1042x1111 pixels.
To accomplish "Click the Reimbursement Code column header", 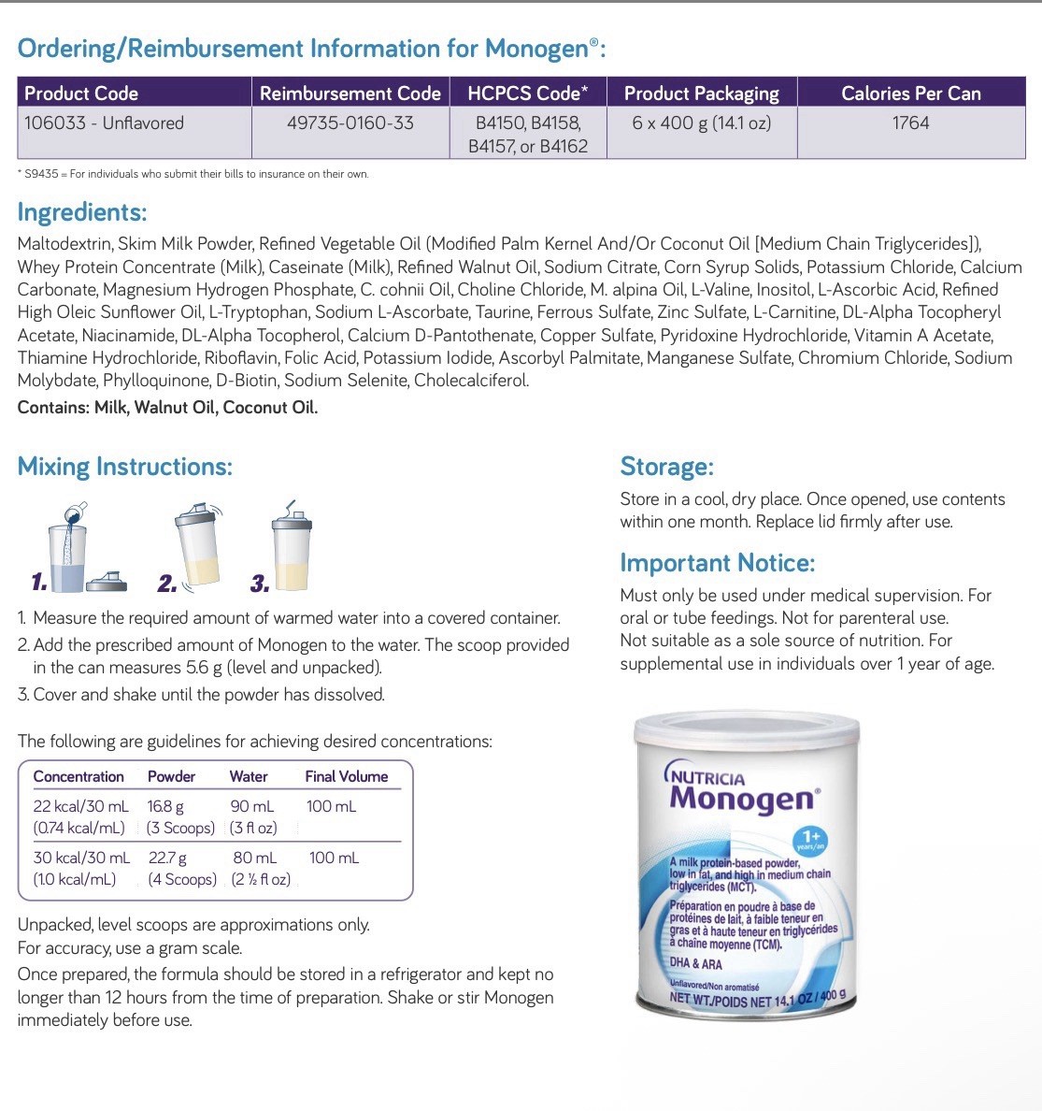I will click(x=350, y=94).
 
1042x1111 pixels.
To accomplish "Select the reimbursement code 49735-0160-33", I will click(x=350, y=123).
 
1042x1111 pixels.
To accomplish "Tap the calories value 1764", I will click(x=910, y=123).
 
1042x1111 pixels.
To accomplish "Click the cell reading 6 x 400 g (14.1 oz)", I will click(x=701, y=123).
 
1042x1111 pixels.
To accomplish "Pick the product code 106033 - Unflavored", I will click(x=104, y=123).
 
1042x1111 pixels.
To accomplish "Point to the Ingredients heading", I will click(x=82, y=212).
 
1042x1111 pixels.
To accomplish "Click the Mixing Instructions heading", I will click(x=124, y=467).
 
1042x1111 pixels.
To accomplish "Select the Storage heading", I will click(x=666, y=467).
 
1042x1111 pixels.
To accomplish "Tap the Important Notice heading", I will click(x=717, y=563).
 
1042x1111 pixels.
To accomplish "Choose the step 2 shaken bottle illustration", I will click(x=198, y=546).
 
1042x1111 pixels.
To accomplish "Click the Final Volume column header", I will click(x=346, y=776).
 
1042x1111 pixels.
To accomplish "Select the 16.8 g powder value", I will click(x=165, y=806).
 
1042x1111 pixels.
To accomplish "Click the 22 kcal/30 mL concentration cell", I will click(x=80, y=806).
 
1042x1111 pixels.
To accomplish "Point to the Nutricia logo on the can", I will click(x=706, y=776).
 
